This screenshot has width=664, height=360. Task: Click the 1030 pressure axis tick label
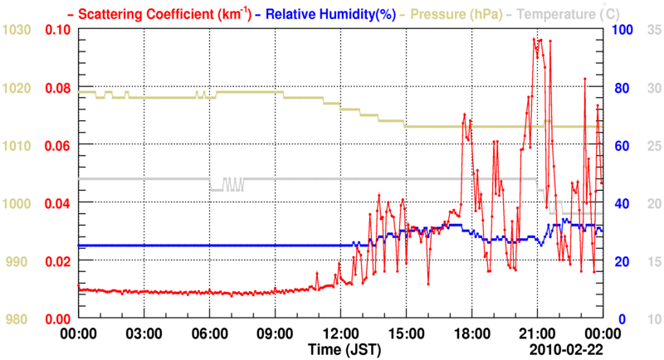pos(16,30)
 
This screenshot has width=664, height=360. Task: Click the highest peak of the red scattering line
pos(540,39)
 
